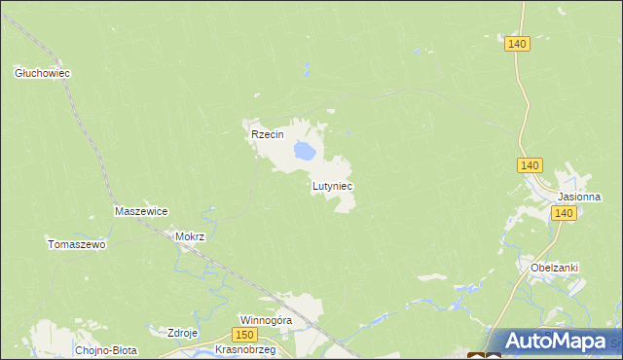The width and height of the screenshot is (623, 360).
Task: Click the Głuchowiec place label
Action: pos(43,73)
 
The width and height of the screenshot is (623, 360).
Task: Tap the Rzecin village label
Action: pos(267,135)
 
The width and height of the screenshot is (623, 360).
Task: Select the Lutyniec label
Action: pos(332,185)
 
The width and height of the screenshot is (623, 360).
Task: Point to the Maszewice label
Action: pos(141,211)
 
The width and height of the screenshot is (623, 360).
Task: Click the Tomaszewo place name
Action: pos(76,245)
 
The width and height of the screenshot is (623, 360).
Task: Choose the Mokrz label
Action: pos(189,236)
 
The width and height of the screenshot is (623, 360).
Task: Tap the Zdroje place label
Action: pos(183,333)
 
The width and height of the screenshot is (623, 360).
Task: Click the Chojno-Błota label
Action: pos(106,349)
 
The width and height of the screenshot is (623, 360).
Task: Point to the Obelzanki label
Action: pos(555,268)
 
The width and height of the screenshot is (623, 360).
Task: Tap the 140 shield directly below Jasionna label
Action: pos(564,213)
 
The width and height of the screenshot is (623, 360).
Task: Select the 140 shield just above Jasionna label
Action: pos(530,166)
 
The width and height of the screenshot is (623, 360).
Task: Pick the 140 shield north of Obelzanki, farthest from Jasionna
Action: pos(517,44)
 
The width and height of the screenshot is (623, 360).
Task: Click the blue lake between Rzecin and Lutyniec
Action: pos(304,151)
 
